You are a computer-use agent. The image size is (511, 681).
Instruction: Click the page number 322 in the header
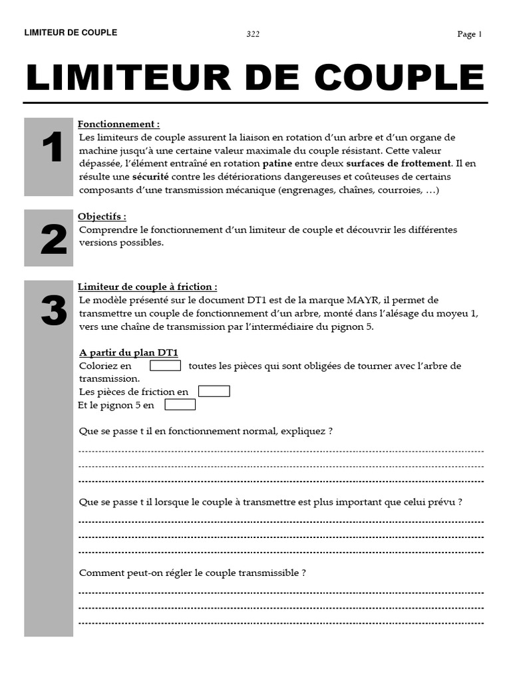coord(253,35)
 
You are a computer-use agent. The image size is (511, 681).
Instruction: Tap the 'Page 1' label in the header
coord(469,35)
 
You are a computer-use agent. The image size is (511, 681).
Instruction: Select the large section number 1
coord(52,148)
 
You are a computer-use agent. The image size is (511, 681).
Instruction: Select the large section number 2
coord(53,240)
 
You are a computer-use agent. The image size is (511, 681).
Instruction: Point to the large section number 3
coord(53,311)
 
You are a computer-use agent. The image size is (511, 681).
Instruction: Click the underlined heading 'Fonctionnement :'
coord(118,124)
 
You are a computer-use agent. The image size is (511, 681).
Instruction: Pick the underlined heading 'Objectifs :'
coord(102,217)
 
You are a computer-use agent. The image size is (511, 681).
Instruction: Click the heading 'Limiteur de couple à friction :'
coord(147,287)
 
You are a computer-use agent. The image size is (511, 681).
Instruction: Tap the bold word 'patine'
coord(277,164)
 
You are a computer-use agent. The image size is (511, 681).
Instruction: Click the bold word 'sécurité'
coord(150,177)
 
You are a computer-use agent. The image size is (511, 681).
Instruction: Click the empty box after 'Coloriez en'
coord(165,365)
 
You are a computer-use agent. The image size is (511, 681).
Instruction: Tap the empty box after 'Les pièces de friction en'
coord(214,391)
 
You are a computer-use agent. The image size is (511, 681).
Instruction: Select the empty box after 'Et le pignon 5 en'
coord(180,404)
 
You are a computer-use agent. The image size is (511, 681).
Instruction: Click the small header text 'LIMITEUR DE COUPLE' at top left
coord(71,33)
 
